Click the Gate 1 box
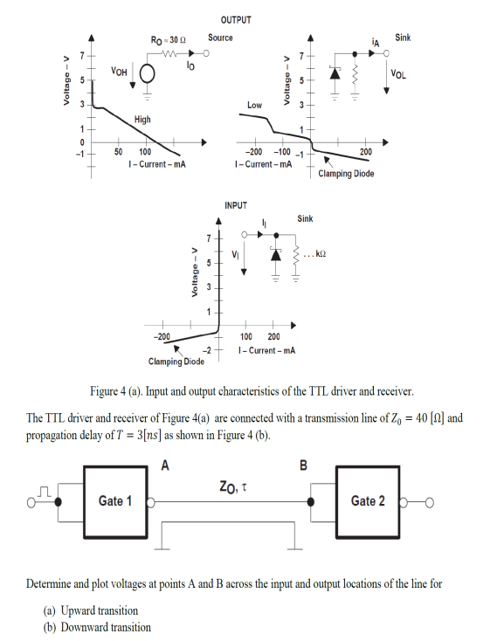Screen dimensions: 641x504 tap(114, 501)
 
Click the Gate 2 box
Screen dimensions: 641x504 tap(368, 501)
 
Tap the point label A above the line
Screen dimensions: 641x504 tap(163, 465)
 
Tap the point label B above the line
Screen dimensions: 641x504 tap(304, 465)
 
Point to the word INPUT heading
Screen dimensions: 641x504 tap(236, 205)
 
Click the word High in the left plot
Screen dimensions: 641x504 tap(142, 119)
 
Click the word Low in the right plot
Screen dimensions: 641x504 tap(254, 105)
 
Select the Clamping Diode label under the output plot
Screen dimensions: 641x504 tap(346, 174)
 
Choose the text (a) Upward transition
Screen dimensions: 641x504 tap(95, 610)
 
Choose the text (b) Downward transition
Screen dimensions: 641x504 tap(101, 627)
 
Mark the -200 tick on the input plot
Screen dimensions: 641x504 tap(162, 336)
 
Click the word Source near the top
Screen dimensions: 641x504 tap(221, 38)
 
